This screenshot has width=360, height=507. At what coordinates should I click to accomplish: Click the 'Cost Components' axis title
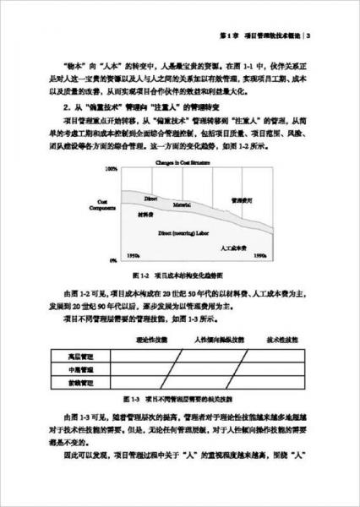pyautogui.click(x=106, y=210)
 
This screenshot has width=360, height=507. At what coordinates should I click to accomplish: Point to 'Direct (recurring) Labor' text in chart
pyautogui.click(x=186, y=230)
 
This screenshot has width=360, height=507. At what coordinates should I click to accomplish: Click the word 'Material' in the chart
pyautogui.click(x=175, y=204)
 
